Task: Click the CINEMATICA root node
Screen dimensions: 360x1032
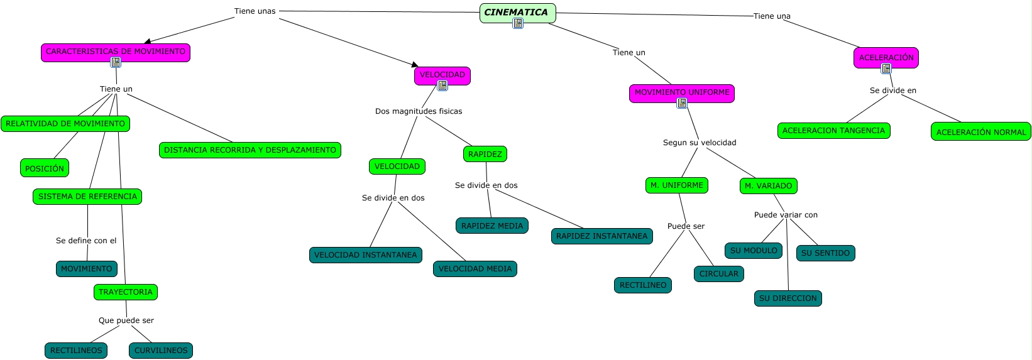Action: pyautogui.click(x=517, y=13)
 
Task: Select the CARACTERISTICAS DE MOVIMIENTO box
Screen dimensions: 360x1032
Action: pyautogui.click(x=116, y=52)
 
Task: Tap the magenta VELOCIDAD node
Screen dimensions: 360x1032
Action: pyautogui.click(x=442, y=75)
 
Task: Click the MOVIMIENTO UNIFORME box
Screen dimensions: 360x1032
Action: pyautogui.click(x=682, y=92)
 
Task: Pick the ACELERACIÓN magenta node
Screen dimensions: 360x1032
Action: pyautogui.click(x=886, y=57)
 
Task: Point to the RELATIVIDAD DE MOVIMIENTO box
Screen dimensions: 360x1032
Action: pyautogui.click(x=65, y=124)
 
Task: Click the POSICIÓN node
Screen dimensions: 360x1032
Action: pyautogui.click(x=45, y=168)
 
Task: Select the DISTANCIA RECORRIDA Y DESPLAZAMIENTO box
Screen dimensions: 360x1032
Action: pyautogui.click(x=250, y=150)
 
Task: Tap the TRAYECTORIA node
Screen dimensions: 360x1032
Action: pyautogui.click(x=126, y=292)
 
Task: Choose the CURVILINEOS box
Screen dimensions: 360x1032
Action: pyautogui.click(x=161, y=351)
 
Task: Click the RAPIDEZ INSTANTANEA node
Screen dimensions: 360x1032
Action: pyautogui.click(x=601, y=236)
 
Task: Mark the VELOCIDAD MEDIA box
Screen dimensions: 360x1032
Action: pyautogui.click(x=475, y=269)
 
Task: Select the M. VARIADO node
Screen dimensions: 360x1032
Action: pyautogui.click(x=769, y=186)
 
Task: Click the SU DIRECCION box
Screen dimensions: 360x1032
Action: pyautogui.click(x=788, y=298)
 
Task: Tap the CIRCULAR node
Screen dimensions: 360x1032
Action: pyautogui.click(x=719, y=274)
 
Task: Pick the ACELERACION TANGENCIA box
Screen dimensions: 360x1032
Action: pyautogui.click(x=833, y=131)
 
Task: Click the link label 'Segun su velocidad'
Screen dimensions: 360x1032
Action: pyautogui.click(x=700, y=143)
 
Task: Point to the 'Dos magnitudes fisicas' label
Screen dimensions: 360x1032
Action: pyautogui.click(x=419, y=111)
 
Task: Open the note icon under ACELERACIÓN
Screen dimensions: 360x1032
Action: pyautogui.click(x=886, y=68)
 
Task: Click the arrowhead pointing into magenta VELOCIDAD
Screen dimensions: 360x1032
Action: pyautogui.click(x=415, y=65)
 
